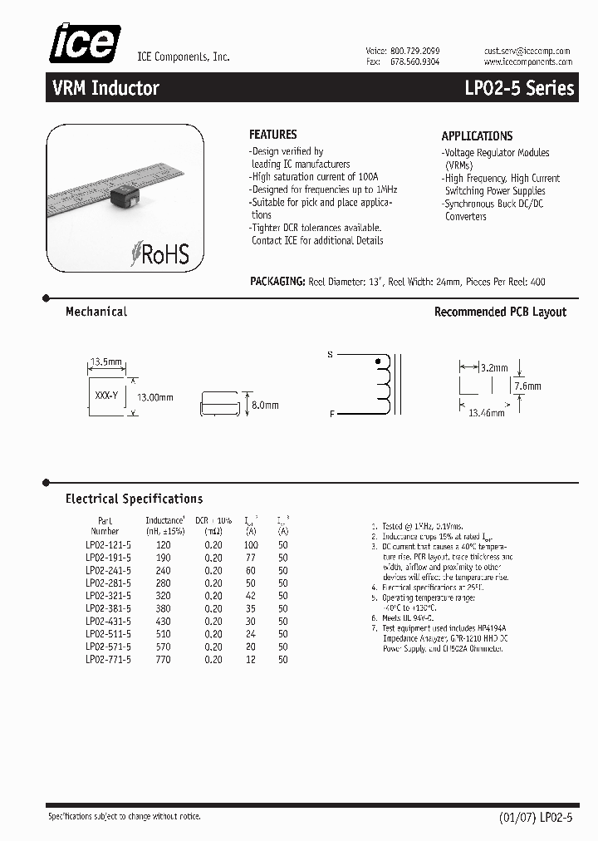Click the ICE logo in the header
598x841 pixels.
[84, 43]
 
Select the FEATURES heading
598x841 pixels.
[272, 135]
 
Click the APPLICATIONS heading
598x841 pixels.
[477, 135]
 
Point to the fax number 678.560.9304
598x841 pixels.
[414, 62]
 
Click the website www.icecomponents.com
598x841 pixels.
[527, 62]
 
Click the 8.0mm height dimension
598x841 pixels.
[265, 405]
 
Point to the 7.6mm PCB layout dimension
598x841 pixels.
[527, 386]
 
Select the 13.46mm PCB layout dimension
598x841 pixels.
[488, 412]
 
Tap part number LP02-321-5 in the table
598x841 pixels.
[108, 596]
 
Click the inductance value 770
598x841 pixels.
[163, 660]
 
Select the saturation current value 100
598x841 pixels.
[250, 545]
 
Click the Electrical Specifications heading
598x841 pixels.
[134, 499]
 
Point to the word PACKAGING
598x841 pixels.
[277, 282]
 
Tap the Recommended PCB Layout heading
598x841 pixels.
[500, 312]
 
